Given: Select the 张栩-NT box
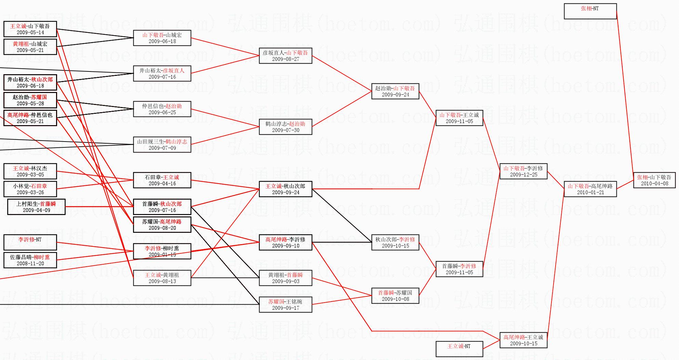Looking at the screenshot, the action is tap(590, 11).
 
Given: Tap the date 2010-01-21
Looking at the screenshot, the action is tap(590, 192).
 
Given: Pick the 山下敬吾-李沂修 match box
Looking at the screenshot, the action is tap(523, 171).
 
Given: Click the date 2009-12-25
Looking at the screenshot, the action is tap(523, 175).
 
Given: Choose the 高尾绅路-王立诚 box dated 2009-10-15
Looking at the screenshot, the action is tap(523, 340).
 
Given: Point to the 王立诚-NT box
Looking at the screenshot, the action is tap(459, 349).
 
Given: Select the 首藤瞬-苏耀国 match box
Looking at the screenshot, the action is tap(395, 296).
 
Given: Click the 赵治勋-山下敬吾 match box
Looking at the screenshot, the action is tap(395, 91).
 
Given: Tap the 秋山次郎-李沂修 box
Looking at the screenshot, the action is tap(395, 242).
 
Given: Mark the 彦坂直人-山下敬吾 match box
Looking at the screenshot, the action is tap(285, 56).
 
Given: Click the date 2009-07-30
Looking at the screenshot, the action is tap(285, 130).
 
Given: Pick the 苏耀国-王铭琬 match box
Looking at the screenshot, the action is tap(285, 305).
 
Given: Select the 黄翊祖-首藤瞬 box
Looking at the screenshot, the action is tap(285, 278).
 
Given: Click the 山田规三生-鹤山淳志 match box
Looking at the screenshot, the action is tap(162, 145).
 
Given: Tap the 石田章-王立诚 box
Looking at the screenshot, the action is tap(162, 180).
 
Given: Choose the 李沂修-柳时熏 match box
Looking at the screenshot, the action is tap(162, 251).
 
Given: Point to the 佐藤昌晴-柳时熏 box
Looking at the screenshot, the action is tap(30, 260).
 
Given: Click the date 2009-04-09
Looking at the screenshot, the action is tap(36, 210).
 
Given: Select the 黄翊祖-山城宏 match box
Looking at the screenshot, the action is tap(30, 47).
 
